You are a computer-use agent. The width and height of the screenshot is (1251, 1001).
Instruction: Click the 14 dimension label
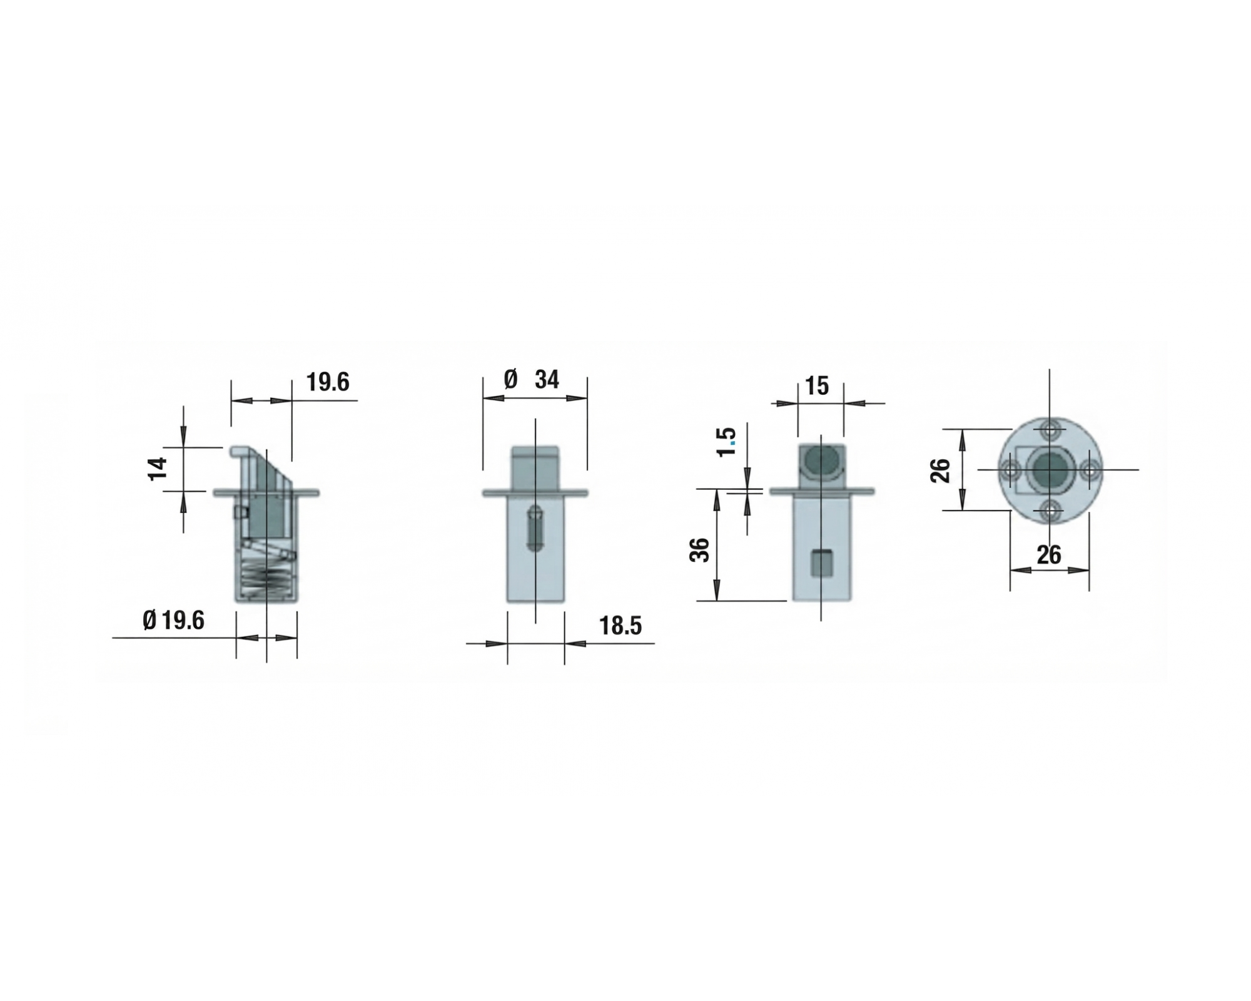tap(158, 469)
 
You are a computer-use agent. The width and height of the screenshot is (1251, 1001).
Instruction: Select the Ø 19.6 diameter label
tap(173, 621)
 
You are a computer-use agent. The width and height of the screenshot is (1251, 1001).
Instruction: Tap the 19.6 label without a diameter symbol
tap(328, 382)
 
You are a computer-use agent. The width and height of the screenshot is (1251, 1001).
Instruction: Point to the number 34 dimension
tap(547, 380)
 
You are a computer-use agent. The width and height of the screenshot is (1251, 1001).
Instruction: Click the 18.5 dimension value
tap(620, 626)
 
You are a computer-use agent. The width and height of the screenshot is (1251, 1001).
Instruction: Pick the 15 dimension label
tap(817, 385)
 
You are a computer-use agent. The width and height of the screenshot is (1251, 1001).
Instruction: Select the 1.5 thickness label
tap(727, 442)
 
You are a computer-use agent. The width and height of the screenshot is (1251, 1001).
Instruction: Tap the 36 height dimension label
tap(701, 549)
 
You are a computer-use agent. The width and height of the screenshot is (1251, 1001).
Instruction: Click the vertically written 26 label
tap(940, 470)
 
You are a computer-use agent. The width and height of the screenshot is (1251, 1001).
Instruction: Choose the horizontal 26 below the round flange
tap(1049, 555)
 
